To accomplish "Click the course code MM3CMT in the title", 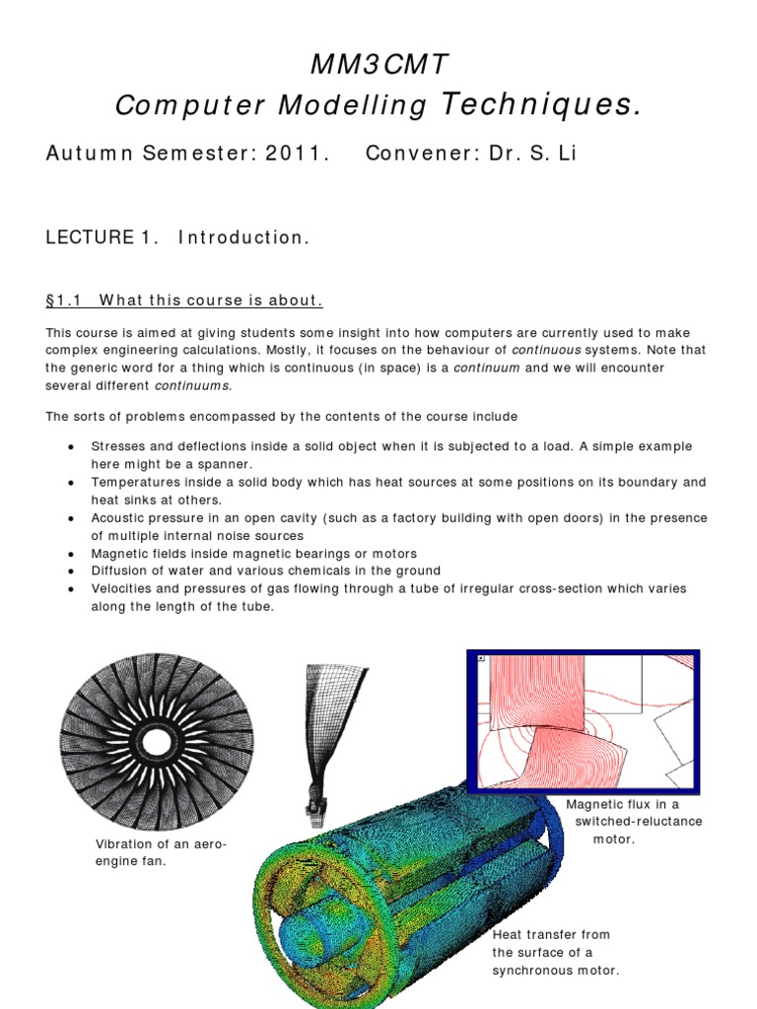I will tap(378, 66).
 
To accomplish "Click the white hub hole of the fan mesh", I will tap(157, 742).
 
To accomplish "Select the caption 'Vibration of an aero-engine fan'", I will tap(161, 852).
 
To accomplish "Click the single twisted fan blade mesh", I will tap(333, 729).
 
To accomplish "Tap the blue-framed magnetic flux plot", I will tap(583, 720).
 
